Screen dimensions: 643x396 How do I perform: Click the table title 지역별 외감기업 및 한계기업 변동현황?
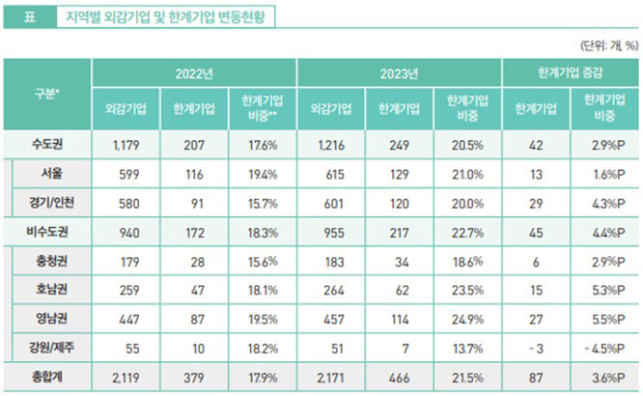pos(165,17)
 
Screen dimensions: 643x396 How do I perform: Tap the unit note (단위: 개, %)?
pos(609,45)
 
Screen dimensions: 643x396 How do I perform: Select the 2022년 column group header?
pos(194,73)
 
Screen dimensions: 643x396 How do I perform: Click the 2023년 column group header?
pos(399,73)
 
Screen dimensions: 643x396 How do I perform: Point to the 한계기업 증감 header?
pos(570,73)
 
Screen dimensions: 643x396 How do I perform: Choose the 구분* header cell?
pos(46,94)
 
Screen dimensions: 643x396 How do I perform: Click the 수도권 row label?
pos(47,145)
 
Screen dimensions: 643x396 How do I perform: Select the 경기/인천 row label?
pos(51,203)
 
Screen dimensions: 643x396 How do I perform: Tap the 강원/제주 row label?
pos(51,348)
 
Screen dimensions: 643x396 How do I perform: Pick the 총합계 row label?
pos(47,377)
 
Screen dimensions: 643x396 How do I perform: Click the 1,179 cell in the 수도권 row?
pos(126,145)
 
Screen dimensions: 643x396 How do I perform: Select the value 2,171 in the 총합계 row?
pos(330,378)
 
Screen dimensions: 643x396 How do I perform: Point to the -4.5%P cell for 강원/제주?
pos(604,349)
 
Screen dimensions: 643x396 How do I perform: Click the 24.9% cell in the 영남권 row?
pos(467,320)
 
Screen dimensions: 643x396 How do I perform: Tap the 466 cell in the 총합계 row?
pos(399,378)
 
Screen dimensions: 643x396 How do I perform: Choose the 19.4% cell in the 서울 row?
pos(263,175)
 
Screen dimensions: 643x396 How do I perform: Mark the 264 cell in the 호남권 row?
pos(334,291)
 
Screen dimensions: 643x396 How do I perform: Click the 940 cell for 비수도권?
pos(129,233)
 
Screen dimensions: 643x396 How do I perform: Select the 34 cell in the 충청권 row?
pos(403,262)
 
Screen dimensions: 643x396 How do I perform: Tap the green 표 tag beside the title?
pos(30,17)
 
